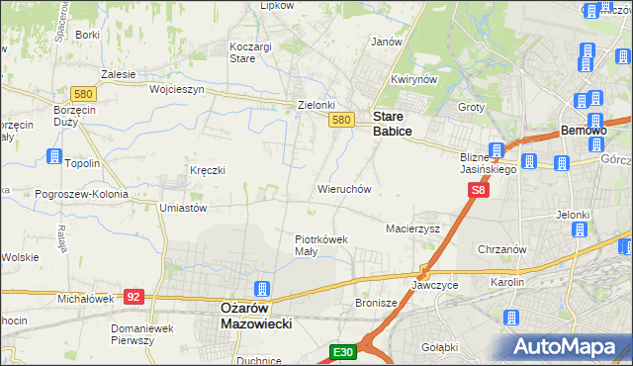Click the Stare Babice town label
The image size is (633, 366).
pos(393,123)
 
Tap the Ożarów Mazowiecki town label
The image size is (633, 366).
pos(251,315)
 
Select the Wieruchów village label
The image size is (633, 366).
pos(343,188)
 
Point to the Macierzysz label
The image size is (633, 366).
pos(411,229)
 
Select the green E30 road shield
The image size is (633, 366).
pos(342,351)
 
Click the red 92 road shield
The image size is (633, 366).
pos(136,296)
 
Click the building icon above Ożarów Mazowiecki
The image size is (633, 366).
pos(262,289)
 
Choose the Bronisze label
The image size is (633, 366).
pos(375,303)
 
